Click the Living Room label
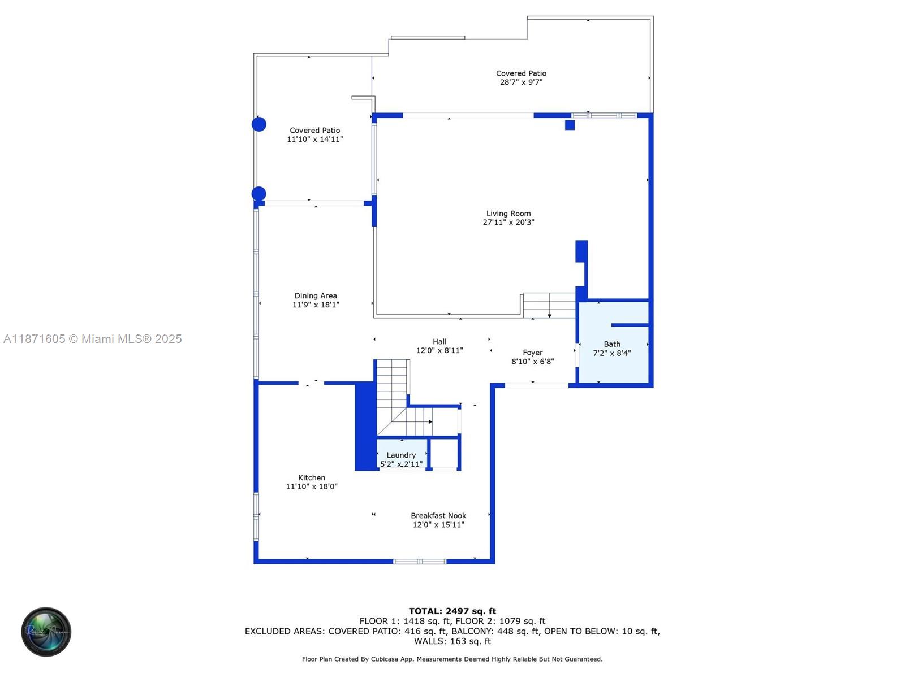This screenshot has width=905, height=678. coord(508,214)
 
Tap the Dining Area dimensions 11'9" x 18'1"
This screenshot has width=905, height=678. coord(316,305)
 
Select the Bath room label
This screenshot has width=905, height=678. coord(611,344)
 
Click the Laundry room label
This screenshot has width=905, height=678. coord(401,455)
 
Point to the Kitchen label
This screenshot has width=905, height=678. coord(312,477)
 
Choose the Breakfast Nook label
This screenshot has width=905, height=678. coord(438,515)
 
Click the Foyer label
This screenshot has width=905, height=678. coord(532,353)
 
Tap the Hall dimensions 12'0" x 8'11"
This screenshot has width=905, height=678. coord(439,351)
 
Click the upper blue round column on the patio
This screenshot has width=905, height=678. coord(259,124)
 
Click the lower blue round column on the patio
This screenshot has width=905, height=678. coord(259,194)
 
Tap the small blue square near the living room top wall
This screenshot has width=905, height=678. coord(570,125)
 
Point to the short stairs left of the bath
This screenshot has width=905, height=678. coord(548,305)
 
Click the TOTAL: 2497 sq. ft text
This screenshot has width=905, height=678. coord(452,611)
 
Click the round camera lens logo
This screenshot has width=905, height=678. coord(46,632)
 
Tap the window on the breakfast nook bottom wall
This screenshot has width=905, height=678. coord(420,562)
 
